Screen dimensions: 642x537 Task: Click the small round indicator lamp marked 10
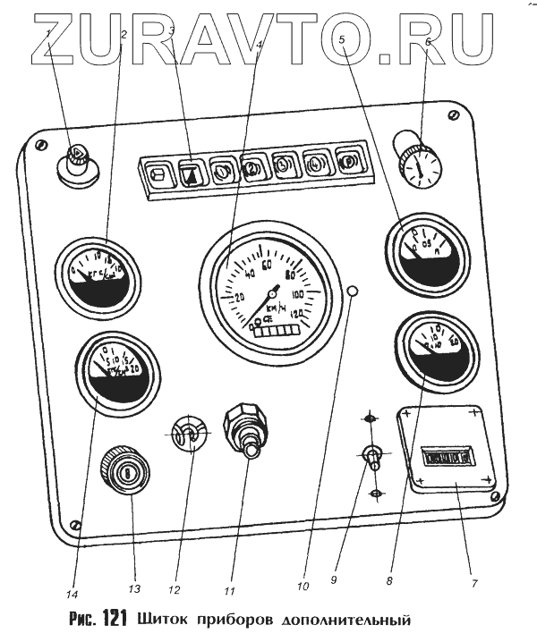click(x=354, y=292)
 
